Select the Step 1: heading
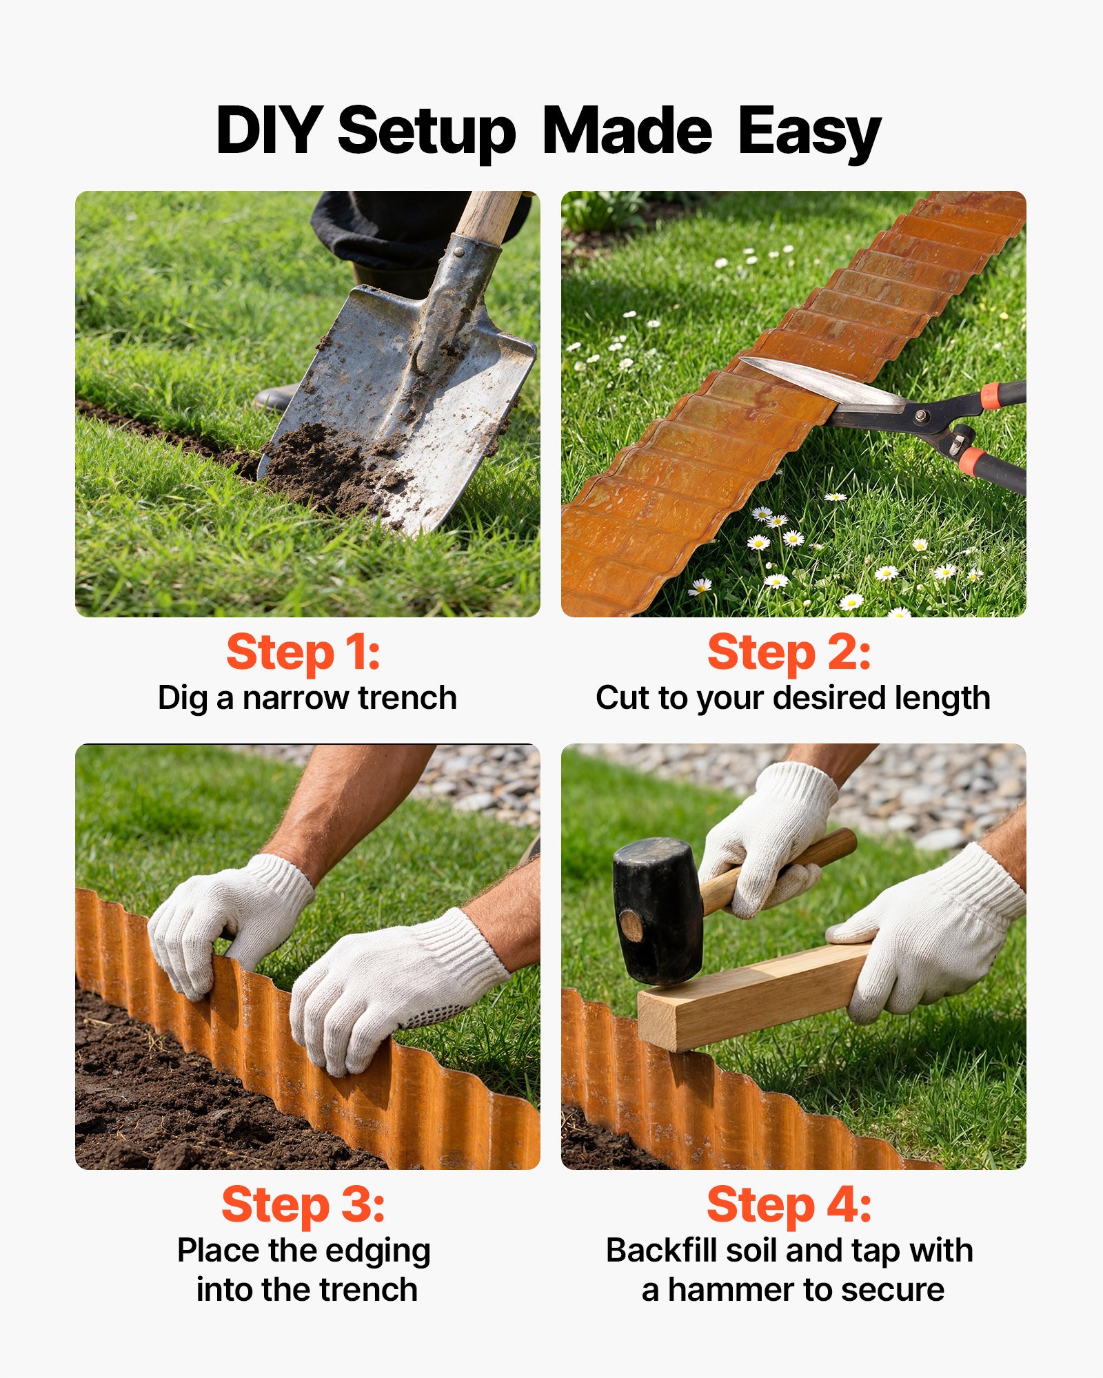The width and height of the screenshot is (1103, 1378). click(303, 652)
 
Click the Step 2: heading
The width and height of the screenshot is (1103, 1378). click(789, 652)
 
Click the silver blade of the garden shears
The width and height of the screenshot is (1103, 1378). click(820, 382)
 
